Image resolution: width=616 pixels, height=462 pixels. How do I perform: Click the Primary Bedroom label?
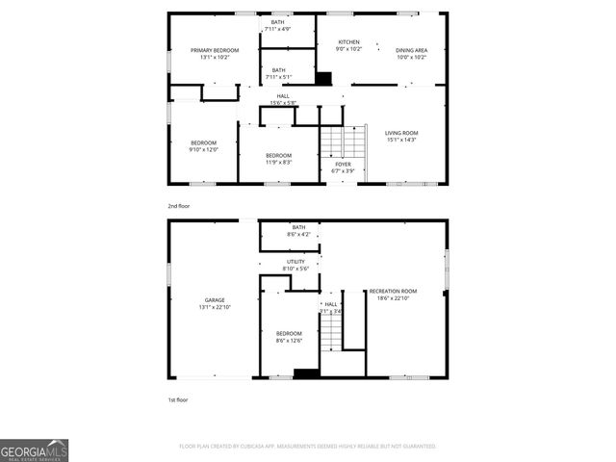coord(214,50)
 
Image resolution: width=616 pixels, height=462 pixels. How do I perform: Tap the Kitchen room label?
coord(348,42)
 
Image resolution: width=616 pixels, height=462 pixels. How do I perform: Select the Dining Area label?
coord(412,50)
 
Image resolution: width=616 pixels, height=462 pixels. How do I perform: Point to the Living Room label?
coord(401,133)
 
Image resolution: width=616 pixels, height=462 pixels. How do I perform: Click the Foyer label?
coord(343,165)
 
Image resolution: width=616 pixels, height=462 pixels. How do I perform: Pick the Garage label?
coord(214,300)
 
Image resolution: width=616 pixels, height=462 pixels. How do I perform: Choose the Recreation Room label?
coord(393,292)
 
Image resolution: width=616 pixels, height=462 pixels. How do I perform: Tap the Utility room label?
coord(295,261)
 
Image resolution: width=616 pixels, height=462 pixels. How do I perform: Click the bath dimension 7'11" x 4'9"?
coord(278,29)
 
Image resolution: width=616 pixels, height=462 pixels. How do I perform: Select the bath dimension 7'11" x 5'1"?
coord(278,77)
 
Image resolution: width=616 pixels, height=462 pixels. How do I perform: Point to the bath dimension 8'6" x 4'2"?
coord(298,234)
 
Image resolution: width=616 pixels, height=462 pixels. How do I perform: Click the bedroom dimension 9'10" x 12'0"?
coord(203,149)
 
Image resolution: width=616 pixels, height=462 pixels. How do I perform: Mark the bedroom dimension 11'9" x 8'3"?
coord(278,163)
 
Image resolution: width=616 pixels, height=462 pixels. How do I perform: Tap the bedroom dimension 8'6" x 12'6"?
coord(289,340)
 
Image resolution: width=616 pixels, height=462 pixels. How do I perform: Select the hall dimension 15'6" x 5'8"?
coord(283,103)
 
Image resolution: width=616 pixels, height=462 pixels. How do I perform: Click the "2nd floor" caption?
coord(180,206)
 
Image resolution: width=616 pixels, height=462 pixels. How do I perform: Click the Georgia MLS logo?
coord(35,450)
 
